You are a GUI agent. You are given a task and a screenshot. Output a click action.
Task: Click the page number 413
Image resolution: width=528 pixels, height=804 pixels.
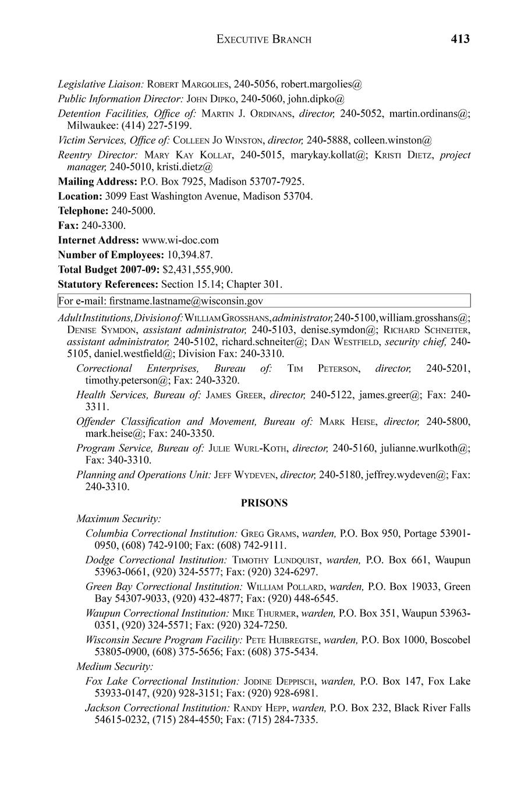coord(459,39)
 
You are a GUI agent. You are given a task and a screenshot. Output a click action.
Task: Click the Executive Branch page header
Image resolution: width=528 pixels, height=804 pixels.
coord(264,40)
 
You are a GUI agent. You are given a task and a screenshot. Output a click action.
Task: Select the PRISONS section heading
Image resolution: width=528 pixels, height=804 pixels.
coord(264,503)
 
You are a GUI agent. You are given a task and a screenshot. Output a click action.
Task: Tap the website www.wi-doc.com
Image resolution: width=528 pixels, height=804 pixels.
coord(180,240)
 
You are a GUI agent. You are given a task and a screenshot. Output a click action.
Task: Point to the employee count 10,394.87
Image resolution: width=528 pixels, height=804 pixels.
coord(190,255)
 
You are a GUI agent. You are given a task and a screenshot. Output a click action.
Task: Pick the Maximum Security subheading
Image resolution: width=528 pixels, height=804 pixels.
coord(119,519)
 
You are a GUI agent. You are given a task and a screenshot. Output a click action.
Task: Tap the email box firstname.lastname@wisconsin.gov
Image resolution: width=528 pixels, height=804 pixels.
coord(264,301)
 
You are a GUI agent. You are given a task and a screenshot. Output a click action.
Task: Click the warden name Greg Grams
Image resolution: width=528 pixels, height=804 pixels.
coord(268,533)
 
